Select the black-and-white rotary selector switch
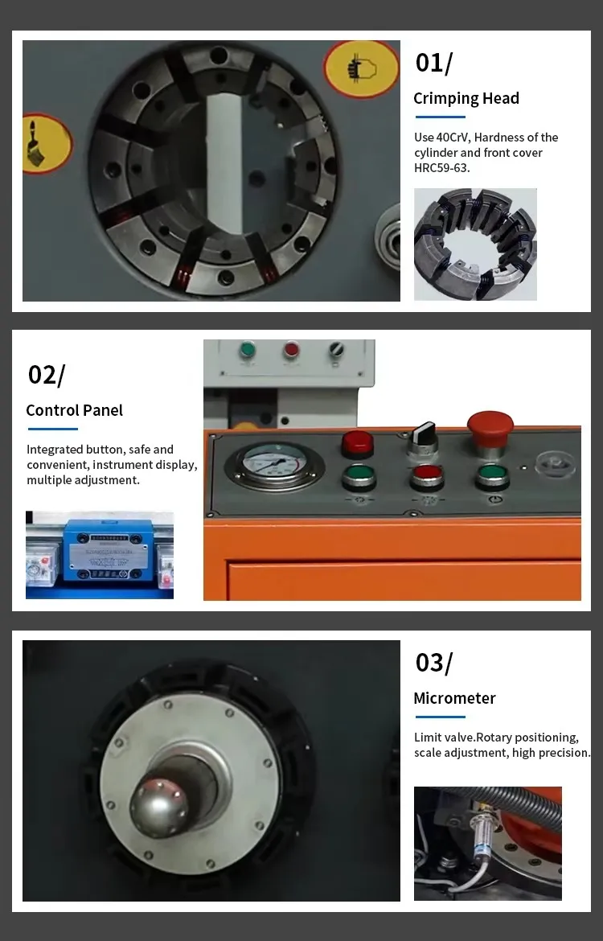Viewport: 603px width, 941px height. click(423, 438)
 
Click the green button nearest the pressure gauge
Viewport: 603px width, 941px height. click(359, 478)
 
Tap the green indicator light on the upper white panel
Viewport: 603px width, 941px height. click(247, 351)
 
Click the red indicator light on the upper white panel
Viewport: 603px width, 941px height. click(292, 349)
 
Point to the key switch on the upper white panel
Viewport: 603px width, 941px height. click(337, 349)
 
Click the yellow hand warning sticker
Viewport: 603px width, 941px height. click(361, 69)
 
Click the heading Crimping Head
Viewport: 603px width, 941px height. click(466, 98)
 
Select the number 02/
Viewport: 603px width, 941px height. click(46, 375)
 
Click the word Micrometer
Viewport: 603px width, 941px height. click(454, 698)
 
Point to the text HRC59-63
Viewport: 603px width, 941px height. click(441, 168)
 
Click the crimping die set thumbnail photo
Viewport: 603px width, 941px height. click(475, 244)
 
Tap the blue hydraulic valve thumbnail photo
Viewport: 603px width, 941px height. click(100, 554)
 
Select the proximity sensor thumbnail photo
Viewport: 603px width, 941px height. click(488, 843)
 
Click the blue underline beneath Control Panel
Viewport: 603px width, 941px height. click(53, 429)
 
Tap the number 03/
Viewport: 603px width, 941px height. click(434, 664)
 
